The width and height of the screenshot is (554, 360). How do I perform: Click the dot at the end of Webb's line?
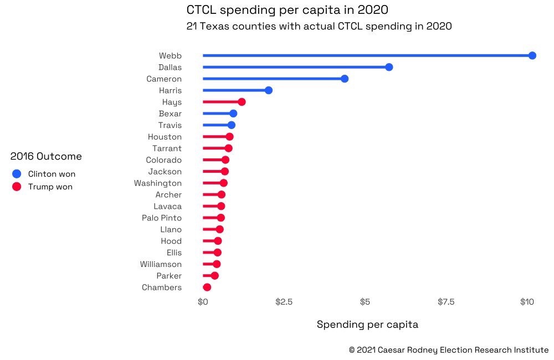click(532, 55)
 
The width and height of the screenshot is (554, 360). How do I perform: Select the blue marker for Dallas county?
click(389, 67)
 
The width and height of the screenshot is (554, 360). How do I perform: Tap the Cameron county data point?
click(345, 79)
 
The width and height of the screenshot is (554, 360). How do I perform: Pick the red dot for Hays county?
click(242, 102)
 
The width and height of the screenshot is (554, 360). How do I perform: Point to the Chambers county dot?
click(207, 287)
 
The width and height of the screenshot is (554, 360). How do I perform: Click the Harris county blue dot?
click(269, 90)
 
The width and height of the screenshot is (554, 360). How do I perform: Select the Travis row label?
click(170, 125)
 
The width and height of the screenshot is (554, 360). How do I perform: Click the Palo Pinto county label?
click(161, 218)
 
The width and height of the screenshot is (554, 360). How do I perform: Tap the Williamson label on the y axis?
click(161, 264)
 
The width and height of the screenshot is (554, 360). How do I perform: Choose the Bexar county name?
click(170, 114)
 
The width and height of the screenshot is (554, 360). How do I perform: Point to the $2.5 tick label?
click(284, 302)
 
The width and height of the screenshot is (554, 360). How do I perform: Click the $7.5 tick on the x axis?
click(446, 302)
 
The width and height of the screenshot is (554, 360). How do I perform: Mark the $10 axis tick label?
click(526, 302)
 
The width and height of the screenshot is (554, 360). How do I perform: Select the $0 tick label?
click(203, 302)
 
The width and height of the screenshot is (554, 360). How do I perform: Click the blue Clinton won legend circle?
click(17, 174)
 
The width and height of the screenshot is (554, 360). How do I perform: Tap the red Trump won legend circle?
click(17, 187)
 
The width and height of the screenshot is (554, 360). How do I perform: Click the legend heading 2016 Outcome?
click(46, 157)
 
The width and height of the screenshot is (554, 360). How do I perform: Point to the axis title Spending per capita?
click(367, 325)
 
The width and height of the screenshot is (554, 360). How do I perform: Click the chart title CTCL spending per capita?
click(287, 10)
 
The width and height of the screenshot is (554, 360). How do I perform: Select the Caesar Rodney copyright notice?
click(449, 350)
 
